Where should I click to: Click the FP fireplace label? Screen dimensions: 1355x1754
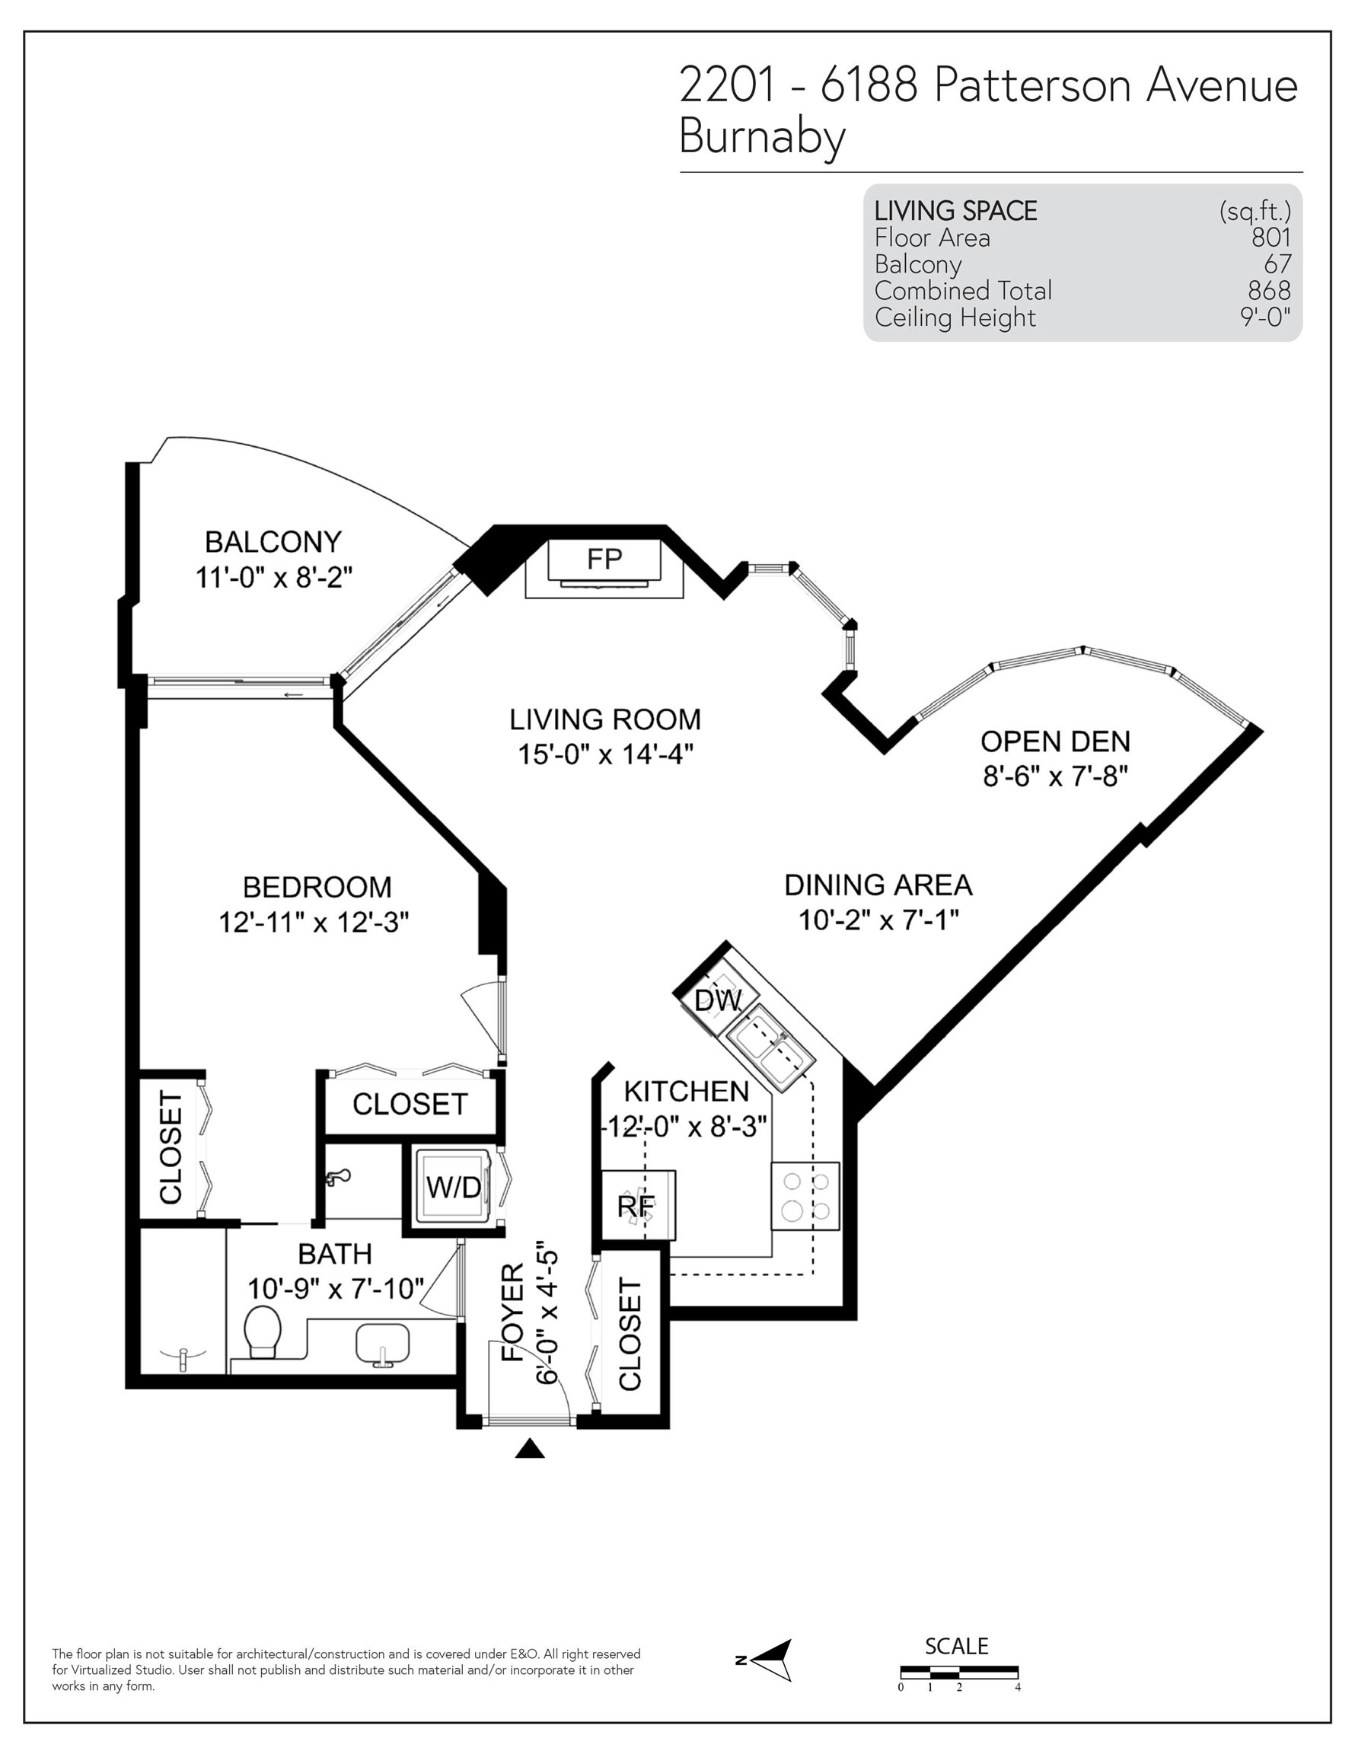click(x=604, y=559)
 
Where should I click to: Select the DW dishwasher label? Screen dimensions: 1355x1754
click(x=717, y=1000)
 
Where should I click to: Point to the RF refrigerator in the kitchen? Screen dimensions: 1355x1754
click(x=638, y=1205)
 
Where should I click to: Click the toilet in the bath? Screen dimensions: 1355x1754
click(x=262, y=1331)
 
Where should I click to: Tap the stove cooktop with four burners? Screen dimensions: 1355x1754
click(x=805, y=1196)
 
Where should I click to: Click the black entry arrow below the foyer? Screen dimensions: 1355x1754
click(x=529, y=1448)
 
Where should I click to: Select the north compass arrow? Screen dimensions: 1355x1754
click(x=772, y=1660)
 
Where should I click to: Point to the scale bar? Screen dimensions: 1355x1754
click(x=959, y=1673)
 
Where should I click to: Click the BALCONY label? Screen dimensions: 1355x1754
click(x=273, y=542)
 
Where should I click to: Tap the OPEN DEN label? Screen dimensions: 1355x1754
click(x=1055, y=741)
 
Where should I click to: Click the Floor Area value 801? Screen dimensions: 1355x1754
click(x=1271, y=237)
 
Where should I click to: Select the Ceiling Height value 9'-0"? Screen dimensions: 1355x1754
click(x=1265, y=317)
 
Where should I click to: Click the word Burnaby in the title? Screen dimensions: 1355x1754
click(x=762, y=137)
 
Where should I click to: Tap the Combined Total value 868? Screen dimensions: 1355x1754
click(x=1269, y=290)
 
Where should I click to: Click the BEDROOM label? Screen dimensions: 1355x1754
click(x=317, y=888)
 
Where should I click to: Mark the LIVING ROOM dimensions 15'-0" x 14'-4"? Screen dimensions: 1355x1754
click(x=605, y=754)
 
